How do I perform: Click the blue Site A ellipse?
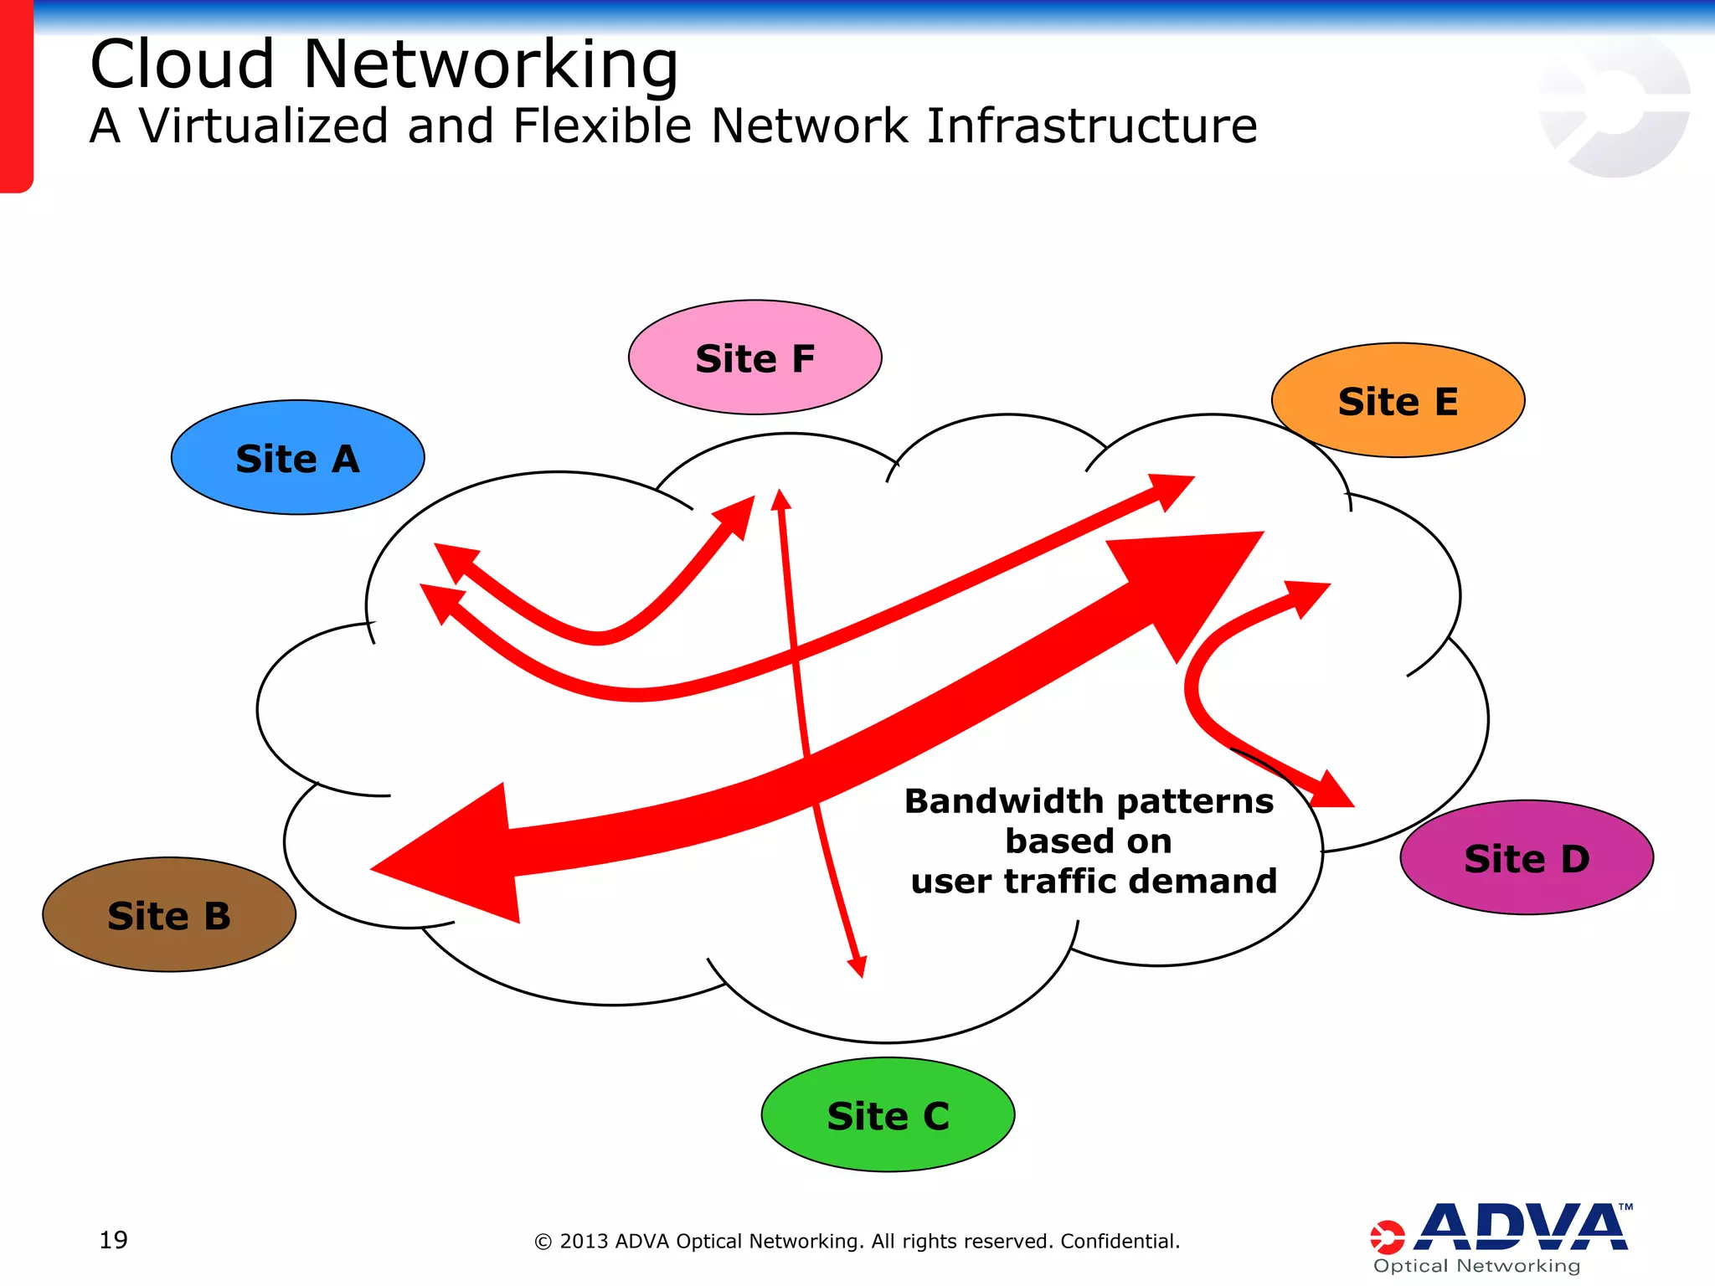(x=297, y=458)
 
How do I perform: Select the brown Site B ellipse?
(x=168, y=915)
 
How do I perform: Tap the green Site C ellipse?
(x=888, y=1115)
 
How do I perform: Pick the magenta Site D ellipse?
(x=1526, y=858)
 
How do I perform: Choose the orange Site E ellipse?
(x=1398, y=401)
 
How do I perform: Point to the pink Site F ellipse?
(x=754, y=358)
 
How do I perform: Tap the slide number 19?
(x=113, y=1240)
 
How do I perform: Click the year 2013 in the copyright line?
(x=584, y=1241)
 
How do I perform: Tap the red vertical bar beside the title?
(x=16, y=96)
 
